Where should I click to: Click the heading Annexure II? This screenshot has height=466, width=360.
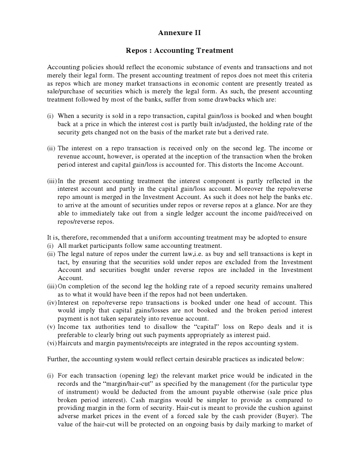[x=179, y=33]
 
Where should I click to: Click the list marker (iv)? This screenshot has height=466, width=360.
[x=52, y=302]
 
